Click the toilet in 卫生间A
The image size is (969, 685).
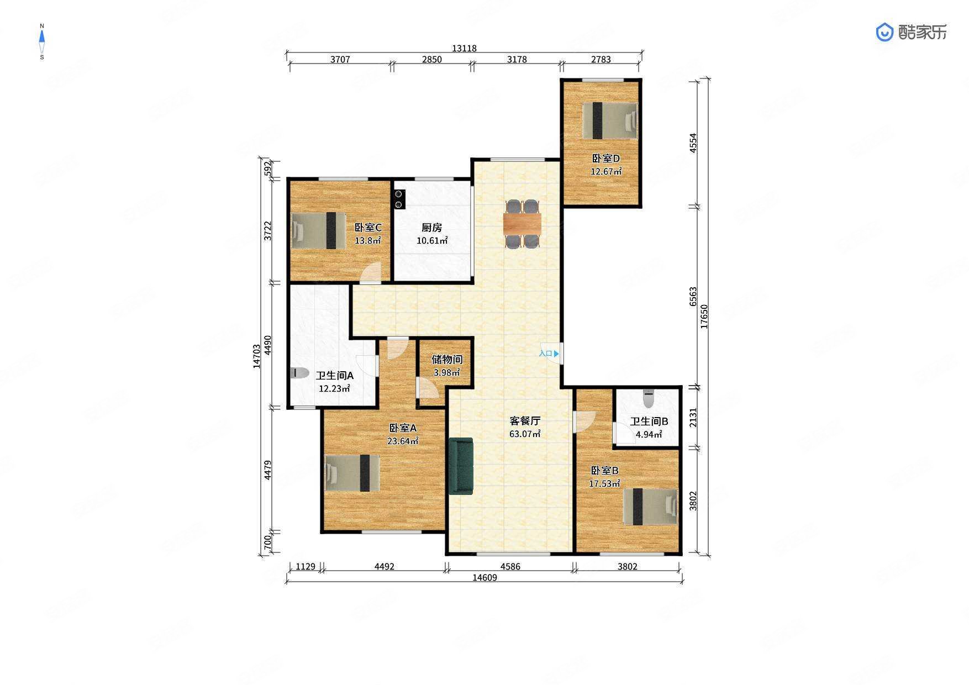[299, 373]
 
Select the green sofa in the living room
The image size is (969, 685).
[461, 466]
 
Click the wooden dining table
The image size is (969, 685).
[522, 224]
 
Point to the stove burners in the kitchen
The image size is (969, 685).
[399, 199]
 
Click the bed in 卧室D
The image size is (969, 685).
[610, 121]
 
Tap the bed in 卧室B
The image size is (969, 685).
[651, 507]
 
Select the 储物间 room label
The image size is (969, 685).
[447, 360]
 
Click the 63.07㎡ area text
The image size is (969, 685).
[525, 434]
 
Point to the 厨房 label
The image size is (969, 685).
[431, 228]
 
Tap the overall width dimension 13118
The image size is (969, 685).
[464, 48]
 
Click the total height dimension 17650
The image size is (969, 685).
[704, 317]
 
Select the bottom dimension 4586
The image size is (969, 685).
[510, 566]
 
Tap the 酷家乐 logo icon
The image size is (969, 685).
[884, 32]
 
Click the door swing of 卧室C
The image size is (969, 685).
[372, 273]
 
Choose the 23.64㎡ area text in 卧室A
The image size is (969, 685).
[403, 441]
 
